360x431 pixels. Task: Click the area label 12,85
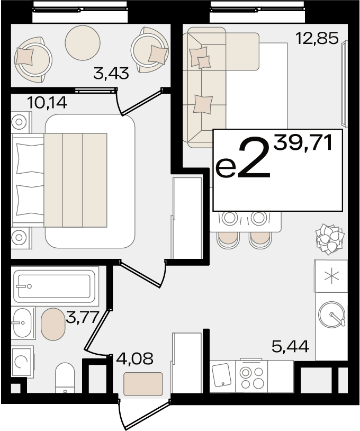[317, 38]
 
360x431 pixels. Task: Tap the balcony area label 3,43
[111, 74]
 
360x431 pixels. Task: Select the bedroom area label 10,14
[47, 103]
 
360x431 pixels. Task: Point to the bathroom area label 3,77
[82, 317]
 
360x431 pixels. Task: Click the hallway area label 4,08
[134, 358]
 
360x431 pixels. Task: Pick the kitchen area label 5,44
[291, 346]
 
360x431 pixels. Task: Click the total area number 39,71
[303, 142]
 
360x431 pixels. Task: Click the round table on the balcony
[83, 42]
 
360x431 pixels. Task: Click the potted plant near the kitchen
[330, 239]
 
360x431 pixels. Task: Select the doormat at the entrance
[143, 384]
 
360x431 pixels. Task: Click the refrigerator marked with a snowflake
[331, 276]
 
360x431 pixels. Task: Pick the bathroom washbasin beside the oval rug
[23, 322]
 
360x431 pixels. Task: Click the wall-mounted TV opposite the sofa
[344, 84]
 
